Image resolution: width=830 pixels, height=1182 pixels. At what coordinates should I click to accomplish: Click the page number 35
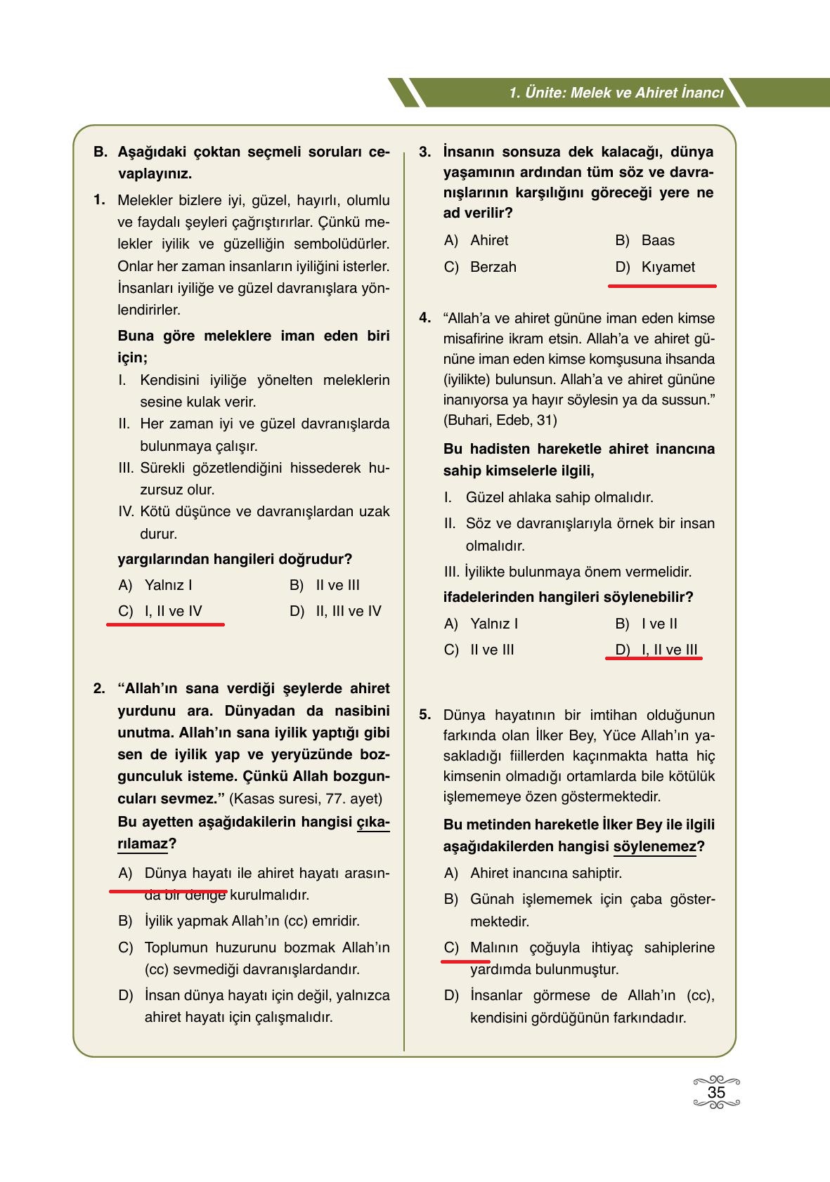(716, 1093)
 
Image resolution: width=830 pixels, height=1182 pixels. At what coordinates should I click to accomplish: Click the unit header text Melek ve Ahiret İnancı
(616, 93)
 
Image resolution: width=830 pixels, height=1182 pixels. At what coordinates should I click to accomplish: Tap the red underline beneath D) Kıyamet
(661, 286)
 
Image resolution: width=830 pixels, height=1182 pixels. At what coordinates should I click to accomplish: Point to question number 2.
(99, 688)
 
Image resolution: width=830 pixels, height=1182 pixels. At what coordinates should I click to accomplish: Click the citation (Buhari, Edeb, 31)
(500, 420)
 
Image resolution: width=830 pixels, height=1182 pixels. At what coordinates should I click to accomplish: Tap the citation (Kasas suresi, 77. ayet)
(306, 799)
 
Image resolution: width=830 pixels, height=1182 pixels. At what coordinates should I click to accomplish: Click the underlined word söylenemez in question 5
(654, 846)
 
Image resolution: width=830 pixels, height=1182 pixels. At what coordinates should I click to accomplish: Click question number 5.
(424, 715)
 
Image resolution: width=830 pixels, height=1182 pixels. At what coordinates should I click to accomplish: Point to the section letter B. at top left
(100, 152)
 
